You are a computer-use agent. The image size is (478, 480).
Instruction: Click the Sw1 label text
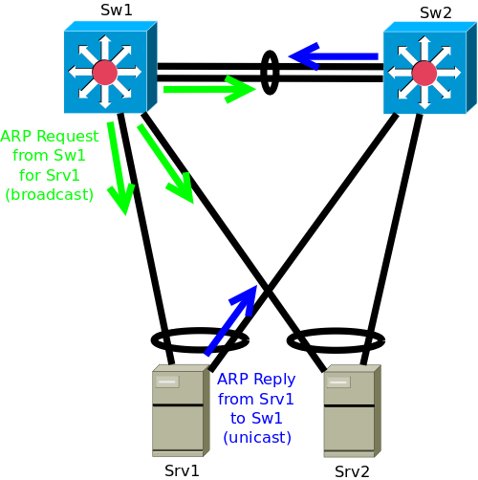[x=117, y=10]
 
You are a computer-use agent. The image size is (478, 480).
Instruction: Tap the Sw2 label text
[x=436, y=12]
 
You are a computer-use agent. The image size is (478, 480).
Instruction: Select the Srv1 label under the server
[x=182, y=470]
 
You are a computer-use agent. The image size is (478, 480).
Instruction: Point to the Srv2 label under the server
[x=352, y=471]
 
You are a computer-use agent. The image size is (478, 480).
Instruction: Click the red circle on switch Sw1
[x=105, y=73]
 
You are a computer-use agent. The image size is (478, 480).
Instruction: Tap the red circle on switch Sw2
[x=424, y=74]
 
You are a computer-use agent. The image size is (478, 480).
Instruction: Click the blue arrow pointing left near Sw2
[x=333, y=56]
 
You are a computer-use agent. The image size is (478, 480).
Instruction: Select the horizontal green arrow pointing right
[x=209, y=89]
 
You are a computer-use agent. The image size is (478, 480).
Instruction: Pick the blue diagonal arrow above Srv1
[x=230, y=320]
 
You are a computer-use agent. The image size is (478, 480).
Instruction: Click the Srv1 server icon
[x=181, y=410]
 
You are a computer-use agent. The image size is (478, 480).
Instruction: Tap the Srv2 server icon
[x=352, y=411]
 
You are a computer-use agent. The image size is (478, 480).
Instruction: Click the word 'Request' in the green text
[x=68, y=137]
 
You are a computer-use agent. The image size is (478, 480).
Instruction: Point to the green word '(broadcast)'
[x=50, y=194]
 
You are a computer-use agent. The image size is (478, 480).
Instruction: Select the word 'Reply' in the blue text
[x=274, y=380]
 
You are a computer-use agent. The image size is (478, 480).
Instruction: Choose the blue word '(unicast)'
[x=257, y=437]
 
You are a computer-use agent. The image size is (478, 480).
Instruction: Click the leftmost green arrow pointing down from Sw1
[x=119, y=168]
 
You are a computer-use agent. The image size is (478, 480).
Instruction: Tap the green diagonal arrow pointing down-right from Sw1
[x=165, y=164]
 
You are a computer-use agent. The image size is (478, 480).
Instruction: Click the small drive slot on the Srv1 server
[x=167, y=382]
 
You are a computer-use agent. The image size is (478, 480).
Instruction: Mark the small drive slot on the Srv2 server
[x=338, y=382]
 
